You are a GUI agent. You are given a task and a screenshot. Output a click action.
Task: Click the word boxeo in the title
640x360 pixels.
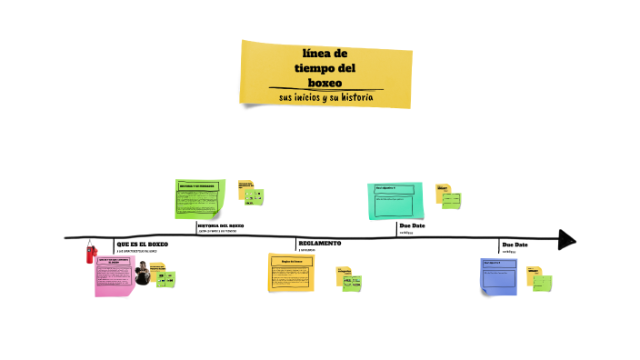pos(325,83)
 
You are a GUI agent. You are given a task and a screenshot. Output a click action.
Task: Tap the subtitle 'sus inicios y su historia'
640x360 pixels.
pos(325,97)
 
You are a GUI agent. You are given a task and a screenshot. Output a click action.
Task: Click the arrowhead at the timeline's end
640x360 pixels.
pos(566,240)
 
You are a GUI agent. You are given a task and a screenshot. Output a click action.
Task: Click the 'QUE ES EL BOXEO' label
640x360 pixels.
pos(142,244)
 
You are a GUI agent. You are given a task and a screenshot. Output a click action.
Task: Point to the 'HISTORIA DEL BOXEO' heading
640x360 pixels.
pos(221,225)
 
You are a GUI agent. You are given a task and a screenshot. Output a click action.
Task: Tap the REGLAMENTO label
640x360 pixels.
pos(320,244)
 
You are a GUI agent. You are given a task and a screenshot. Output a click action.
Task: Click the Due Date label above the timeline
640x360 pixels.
pos(412,225)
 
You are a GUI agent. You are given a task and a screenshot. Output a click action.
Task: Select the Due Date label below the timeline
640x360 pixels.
pos(515,245)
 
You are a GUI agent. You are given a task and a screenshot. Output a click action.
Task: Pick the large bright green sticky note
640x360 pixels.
pos(200,198)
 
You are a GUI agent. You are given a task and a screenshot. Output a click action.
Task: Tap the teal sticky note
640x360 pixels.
pos(394,200)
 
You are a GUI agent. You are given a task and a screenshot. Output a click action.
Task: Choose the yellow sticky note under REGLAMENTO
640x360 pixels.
pos(291,272)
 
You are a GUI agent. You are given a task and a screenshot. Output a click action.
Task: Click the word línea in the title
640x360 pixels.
pos(325,53)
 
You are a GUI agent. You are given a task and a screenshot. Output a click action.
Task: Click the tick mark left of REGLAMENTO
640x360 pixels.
pos(295,244)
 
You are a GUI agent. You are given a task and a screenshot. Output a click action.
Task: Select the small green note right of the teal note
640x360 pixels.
pos(451,200)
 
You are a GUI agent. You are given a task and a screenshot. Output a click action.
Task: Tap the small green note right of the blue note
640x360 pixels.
pos(542,283)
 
